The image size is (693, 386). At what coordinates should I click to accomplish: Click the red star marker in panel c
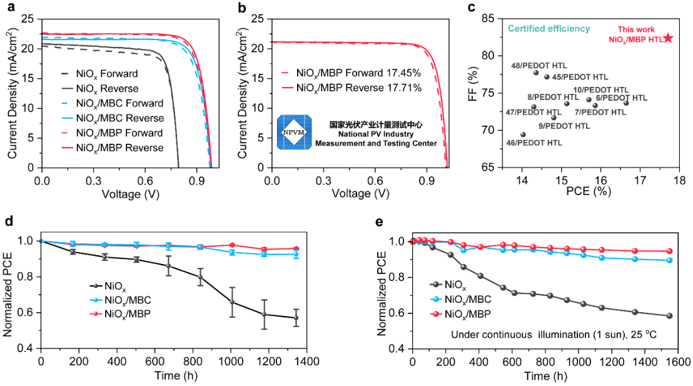(x=668, y=38)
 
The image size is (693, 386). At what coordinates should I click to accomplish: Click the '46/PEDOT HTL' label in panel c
(x=534, y=143)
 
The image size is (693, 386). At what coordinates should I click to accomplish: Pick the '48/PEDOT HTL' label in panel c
(x=534, y=65)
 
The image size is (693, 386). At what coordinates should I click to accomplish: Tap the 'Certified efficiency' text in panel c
(x=549, y=29)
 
